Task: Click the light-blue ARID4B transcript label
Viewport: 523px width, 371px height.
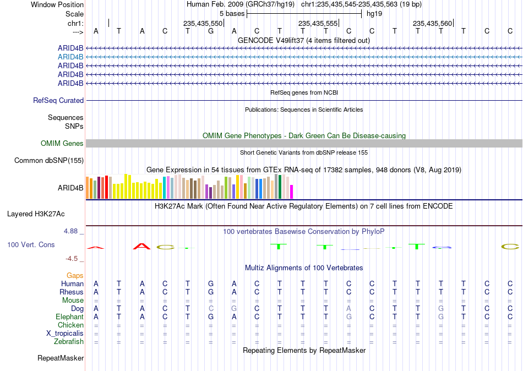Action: click(x=70, y=57)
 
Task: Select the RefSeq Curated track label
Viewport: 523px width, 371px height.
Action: click(x=58, y=100)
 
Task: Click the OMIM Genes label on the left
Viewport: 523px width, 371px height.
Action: click(x=62, y=144)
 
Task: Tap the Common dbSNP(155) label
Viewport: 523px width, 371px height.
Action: click(x=49, y=161)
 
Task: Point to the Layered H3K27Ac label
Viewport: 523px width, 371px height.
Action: click(x=36, y=214)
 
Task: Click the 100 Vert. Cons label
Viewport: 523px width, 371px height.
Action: click(x=31, y=244)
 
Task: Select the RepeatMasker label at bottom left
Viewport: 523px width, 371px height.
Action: click(x=61, y=358)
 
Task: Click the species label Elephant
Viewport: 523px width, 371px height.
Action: click(x=70, y=317)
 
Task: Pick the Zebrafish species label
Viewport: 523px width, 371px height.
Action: click(x=69, y=342)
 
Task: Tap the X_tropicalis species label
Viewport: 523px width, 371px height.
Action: click(x=65, y=334)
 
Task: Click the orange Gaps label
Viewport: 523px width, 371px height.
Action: click(x=75, y=276)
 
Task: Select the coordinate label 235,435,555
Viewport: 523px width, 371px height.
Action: click(x=318, y=23)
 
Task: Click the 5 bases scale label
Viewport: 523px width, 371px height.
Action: click(x=232, y=14)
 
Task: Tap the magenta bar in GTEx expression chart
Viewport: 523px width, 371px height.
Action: click(x=291, y=192)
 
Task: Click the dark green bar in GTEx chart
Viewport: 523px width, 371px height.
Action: click(x=280, y=187)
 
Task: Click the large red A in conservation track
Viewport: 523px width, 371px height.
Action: click(x=141, y=247)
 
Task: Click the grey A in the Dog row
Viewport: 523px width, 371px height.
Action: click(x=348, y=309)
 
